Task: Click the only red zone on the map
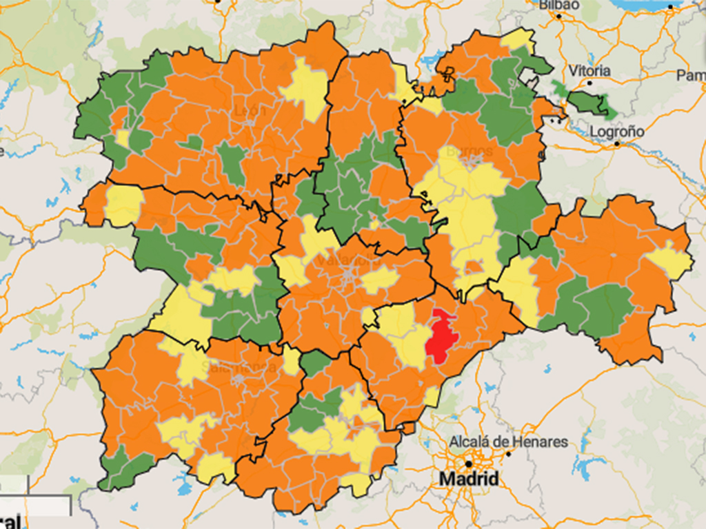pyautogui.click(x=441, y=335)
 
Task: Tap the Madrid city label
pyautogui.click(x=469, y=478)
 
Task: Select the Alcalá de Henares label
pyautogui.click(x=509, y=442)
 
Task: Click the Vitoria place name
pyautogui.click(x=589, y=71)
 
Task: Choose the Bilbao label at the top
pyautogui.click(x=559, y=5)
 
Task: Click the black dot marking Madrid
pyautogui.click(x=467, y=464)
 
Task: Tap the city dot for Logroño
pyautogui.click(x=618, y=144)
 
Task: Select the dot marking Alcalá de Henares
pyautogui.click(x=508, y=454)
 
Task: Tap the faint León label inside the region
pyautogui.click(x=250, y=110)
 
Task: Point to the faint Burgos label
pyautogui.click(x=470, y=151)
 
